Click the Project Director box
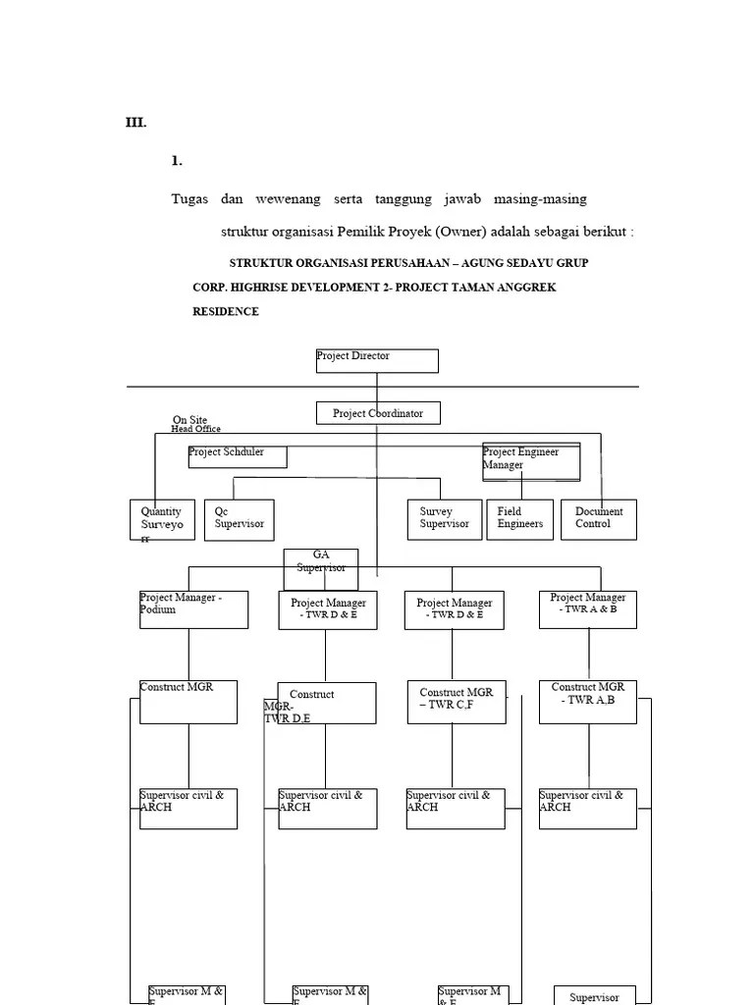tap(377, 360)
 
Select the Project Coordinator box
tap(378, 413)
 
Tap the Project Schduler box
tap(238, 456)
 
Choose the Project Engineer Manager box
tap(531, 461)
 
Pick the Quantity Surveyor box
tap(162, 519)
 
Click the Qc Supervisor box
tap(240, 519)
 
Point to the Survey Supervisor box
tap(445, 519)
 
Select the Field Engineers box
tap(520, 519)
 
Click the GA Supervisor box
tap(321, 562)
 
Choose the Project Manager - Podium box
tap(193, 608)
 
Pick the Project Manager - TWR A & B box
tap(588, 608)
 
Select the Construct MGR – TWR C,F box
tap(456, 703)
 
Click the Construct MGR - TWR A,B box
tap(588, 703)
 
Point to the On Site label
tap(189, 420)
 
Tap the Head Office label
tap(195, 429)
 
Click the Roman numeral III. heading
tap(135, 123)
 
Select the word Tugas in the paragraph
tap(189, 199)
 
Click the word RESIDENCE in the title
tap(226, 311)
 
